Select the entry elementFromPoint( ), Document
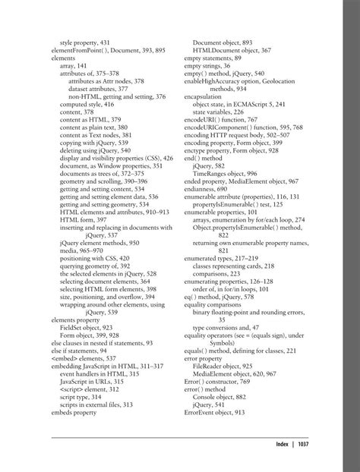point(95,50)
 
